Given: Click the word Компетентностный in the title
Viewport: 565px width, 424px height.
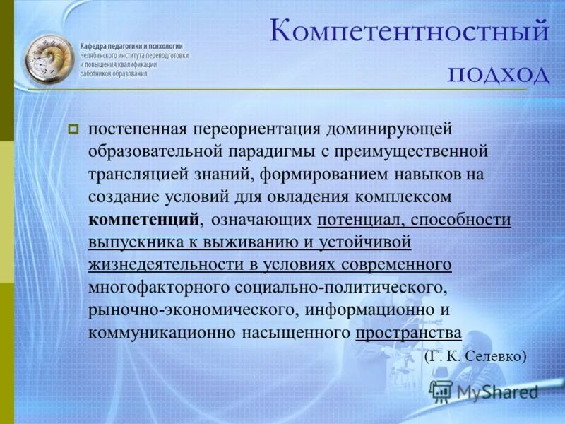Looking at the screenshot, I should pyautogui.click(x=410, y=33).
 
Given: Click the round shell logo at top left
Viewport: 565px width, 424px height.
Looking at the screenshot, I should pyautogui.click(x=48, y=61).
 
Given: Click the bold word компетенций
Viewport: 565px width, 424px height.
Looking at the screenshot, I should pyautogui.click(x=144, y=219).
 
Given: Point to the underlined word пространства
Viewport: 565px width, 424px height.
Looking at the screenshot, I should pyautogui.click(x=408, y=332).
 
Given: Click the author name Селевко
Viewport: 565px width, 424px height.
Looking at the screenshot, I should pyautogui.click(x=498, y=355).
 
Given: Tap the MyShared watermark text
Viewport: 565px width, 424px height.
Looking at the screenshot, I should pyautogui.click(x=497, y=391).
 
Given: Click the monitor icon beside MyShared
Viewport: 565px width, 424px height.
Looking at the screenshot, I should pyautogui.click(x=441, y=391).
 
